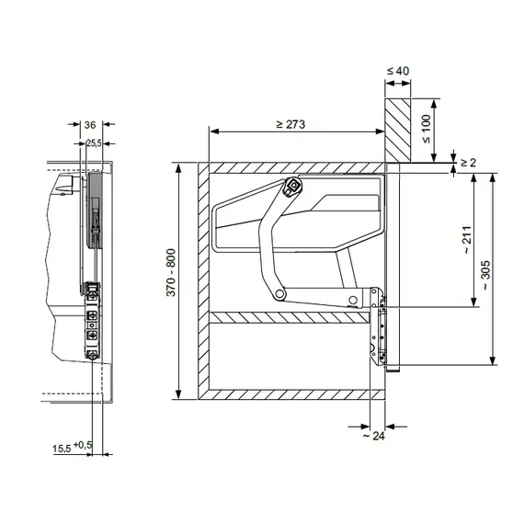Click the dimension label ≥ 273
pyautogui.click(x=290, y=124)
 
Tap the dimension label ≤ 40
pyautogui.click(x=398, y=71)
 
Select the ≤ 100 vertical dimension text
pyautogui.click(x=427, y=129)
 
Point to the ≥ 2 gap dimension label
pyautogui.click(x=469, y=163)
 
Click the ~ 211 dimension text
pyautogui.click(x=468, y=240)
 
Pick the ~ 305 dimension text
pyautogui.click(x=486, y=275)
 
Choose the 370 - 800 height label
pyautogui.click(x=171, y=273)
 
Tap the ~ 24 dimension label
pyautogui.click(x=374, y=436)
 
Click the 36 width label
pyautogui.click(x=90, y=125)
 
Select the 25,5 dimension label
pyautogui.click(x=94, y=143)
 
